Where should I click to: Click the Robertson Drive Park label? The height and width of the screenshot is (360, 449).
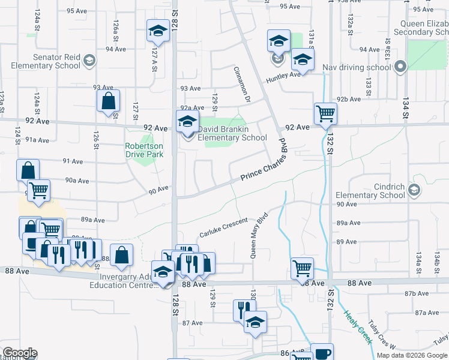coord(143,150)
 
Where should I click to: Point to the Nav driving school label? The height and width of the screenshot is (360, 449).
coord(357,67)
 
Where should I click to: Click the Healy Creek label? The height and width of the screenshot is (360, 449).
coord(358,327)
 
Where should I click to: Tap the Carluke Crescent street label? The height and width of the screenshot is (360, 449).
coord(223,228)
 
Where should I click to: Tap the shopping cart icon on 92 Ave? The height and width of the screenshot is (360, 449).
coord(325,113)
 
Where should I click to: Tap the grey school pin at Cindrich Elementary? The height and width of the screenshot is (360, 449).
coord(414,190)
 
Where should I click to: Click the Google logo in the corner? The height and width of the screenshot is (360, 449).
coord(19,353)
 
